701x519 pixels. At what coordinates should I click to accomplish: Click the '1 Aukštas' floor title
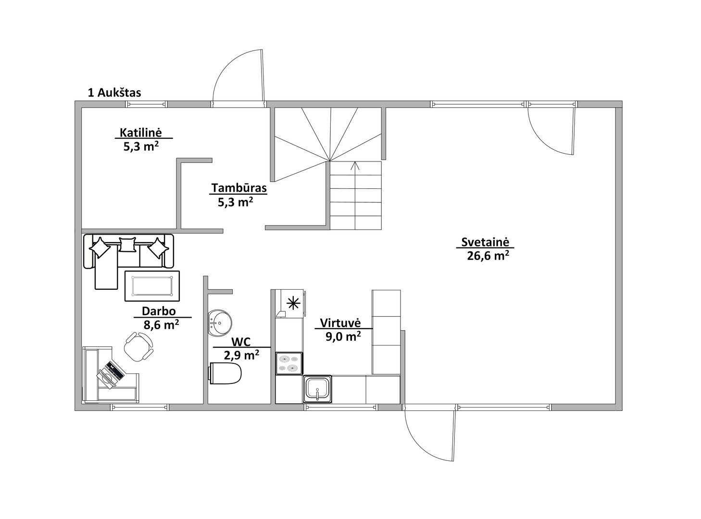[114, 93]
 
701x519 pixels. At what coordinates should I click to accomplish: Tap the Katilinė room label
[141, 132]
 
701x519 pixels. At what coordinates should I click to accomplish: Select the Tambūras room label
[239, 187]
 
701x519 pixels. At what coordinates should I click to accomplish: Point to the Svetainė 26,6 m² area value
[488, 256]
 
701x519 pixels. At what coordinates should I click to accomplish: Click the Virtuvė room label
[340, 323]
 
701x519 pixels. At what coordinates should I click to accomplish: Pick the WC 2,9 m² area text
[241, 356]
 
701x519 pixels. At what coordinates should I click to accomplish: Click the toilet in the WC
[225, 373]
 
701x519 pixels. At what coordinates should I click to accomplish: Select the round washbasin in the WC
[220, 323]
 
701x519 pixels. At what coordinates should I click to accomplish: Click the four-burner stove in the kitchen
[289, 363]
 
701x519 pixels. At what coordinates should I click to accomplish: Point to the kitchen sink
[317, 389]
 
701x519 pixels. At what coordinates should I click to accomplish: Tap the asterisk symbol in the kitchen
[293, 304]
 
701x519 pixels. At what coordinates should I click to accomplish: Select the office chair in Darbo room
[138, 346]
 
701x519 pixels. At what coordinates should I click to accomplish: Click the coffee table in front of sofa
[152, 285]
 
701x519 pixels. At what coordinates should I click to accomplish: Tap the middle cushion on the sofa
[127, 245]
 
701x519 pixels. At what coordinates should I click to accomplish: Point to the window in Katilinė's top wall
[146, 104]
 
